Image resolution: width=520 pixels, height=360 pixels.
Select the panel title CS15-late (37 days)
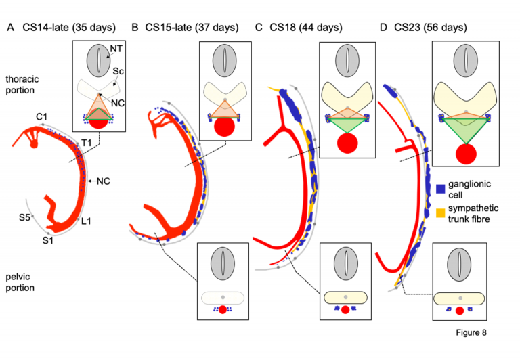(x=191, y=28)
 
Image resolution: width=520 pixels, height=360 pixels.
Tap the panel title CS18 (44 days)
(x=305, y=28)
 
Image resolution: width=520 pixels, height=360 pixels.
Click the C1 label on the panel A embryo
(x=42, y=118)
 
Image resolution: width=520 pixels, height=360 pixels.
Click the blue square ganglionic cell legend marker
(x=441, y=187)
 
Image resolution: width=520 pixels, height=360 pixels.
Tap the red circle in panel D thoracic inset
(x=465, y=154)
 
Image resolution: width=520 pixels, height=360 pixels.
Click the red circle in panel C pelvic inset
(x=346, y=310)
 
